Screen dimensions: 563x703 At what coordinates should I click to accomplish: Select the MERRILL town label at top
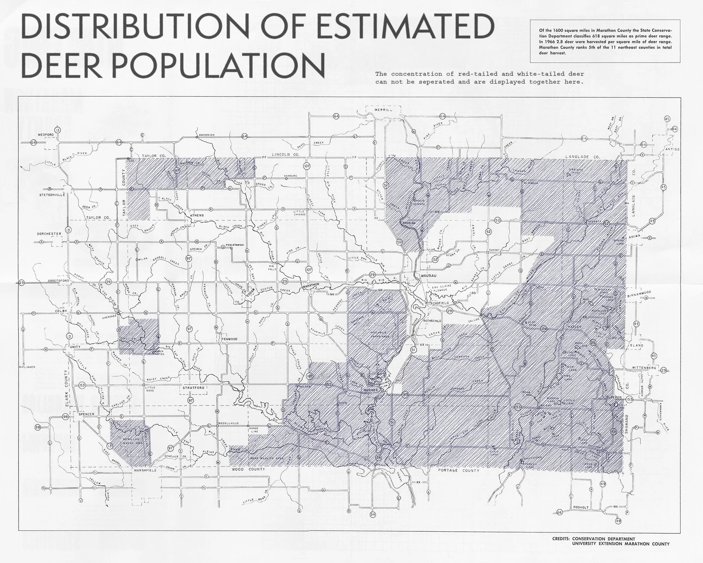coord(383,110)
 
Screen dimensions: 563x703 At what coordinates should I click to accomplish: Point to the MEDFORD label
coord(44,134)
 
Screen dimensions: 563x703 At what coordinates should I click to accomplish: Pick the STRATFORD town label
coord(194,388)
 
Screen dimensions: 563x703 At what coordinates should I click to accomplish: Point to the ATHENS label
coord(197,215)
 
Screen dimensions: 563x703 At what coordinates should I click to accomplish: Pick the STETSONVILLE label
coord(52,195)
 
